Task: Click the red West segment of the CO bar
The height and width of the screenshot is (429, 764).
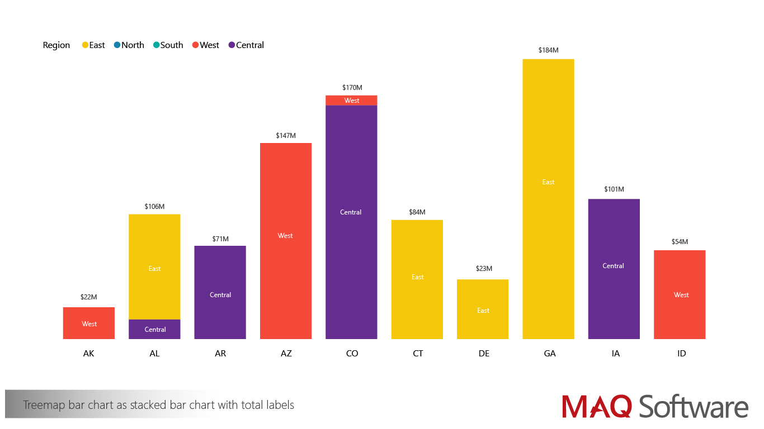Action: tap(351, 101)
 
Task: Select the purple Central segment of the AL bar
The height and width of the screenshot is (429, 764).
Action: tap(154, 329)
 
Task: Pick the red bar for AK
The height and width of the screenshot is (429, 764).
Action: tap(89, 323)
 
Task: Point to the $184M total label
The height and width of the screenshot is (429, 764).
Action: tap(548, 50)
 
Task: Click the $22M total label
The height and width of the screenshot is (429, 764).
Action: tap(89, 297)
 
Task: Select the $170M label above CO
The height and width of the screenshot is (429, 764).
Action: tap(352, 88)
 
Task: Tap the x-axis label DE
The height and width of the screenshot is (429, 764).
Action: tap(484, 354)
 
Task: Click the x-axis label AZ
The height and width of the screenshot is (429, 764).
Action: tap(286, 354)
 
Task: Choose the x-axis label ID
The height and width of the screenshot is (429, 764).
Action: tap(681, 354)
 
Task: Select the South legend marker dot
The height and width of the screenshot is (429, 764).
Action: tap(157, 45)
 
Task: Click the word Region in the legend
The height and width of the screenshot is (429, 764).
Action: tap(56, 45)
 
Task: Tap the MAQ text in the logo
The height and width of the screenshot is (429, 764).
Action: tap(597, 406)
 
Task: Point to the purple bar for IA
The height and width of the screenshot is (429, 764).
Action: tap(614, 269)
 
